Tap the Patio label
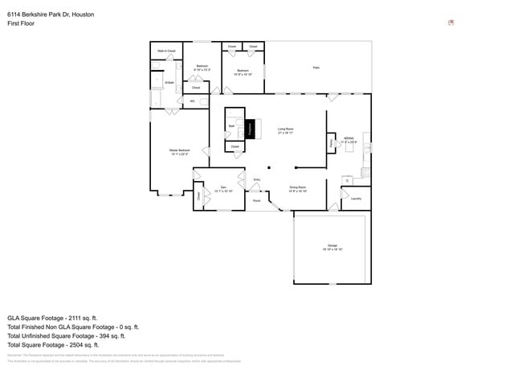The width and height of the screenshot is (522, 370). pyautogui.click(x=316, y=68)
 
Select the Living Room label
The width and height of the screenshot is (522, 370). pyautogui.click(x=285, y=129)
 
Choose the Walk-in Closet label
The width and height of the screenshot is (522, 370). pyautogui.click(x=166, y=51)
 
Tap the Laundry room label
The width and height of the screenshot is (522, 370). pyautogui.click(x=356, y=198)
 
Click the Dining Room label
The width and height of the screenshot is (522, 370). pyautogui.click(x=297, y=188)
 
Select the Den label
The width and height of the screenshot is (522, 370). pyautogui.click(x=223, y=188)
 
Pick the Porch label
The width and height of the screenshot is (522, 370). pyautogui.click(x=257, y=200)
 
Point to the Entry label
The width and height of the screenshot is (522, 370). pyautogui.click(x=257, y=179)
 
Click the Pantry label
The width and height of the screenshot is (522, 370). pyautogui.click(x=332, y=143)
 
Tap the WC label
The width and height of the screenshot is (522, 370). pyautogui.click(x=192, y=101)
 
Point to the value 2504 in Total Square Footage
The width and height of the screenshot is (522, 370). pyautogui.click(x=86, y=345)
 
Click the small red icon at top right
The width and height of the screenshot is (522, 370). pyautogui.click(x=451, y=23)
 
